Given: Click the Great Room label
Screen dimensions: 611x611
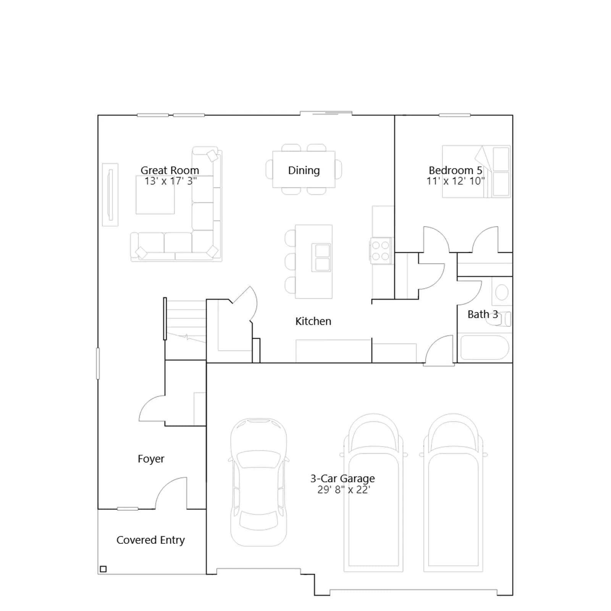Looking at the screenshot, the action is click(170, 170).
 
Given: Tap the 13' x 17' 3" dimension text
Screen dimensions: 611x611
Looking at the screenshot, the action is click(171, 181).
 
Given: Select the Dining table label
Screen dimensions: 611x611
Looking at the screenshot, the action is click(304, 170).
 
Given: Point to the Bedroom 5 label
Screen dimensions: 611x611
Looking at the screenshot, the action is click(456, 170).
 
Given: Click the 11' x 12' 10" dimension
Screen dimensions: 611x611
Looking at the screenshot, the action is click(456, 181).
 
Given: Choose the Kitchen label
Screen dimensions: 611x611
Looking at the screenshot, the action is click(313, 321).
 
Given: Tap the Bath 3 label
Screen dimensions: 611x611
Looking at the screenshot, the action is click(483, 314).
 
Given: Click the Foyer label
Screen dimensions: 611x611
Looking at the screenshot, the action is click(151, 459).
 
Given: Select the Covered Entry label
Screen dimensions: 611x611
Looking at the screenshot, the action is click(150, 540).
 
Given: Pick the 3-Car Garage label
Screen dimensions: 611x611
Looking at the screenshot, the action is click(343, 478).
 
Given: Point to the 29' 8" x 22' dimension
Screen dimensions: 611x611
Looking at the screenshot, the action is click(344, 490).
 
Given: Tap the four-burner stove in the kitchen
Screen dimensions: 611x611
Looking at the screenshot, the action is click(381, 251).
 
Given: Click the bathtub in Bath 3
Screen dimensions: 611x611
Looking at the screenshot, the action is click(485, 348).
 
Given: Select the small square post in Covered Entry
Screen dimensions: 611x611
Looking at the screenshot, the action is click(103, 569).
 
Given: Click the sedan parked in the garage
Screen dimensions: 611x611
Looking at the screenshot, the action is click(259, 482).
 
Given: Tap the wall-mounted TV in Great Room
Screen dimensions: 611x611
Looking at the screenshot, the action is click(110, 195).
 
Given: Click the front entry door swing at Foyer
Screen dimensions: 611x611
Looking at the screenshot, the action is click(171, 493).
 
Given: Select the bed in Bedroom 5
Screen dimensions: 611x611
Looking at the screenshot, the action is click(476, 171).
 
